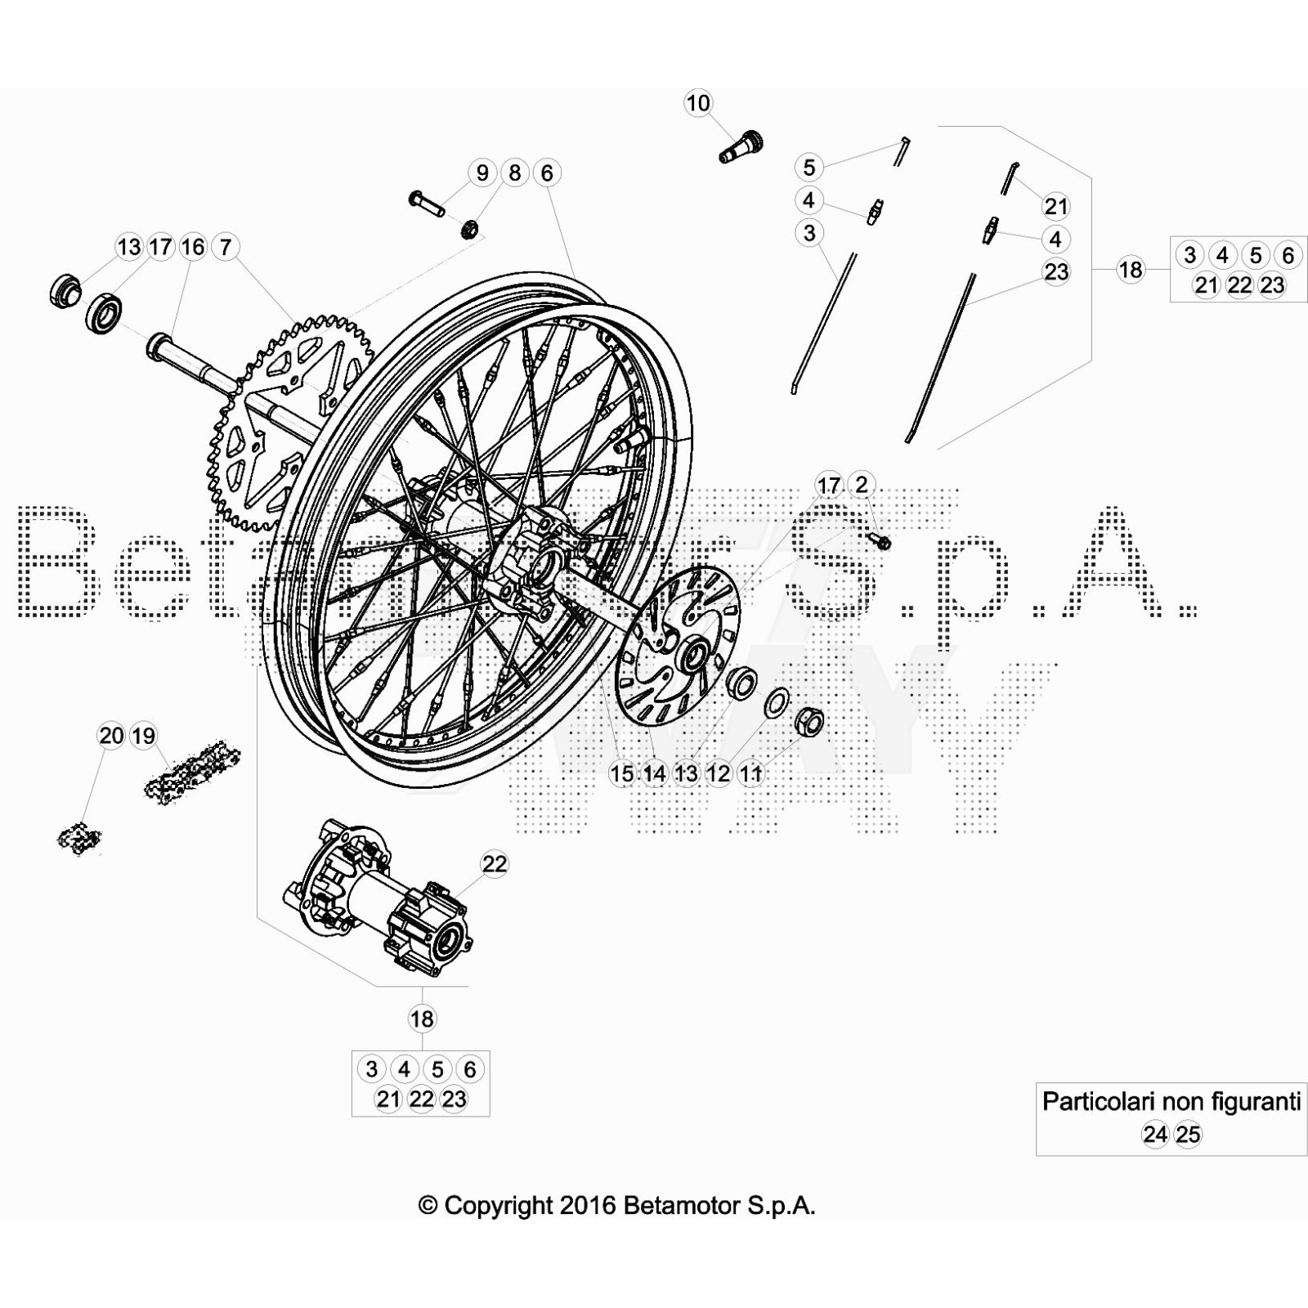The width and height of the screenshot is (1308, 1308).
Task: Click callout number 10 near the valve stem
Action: tap(698, 103)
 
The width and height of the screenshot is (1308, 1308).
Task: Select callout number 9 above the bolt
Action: tap(482, 172)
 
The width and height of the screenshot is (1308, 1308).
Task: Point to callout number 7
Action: tap(226, 246)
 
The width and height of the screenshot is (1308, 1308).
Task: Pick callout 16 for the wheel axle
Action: tap(193, 246)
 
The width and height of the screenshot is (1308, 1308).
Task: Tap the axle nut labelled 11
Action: tap(809, 720)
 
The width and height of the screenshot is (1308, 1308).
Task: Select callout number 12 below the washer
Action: tap(719, 773)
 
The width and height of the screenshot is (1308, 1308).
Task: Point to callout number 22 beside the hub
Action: tap(495, 863)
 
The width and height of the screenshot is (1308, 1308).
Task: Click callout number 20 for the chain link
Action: tap(111, 736)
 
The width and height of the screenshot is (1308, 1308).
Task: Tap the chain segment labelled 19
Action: tap(193, 768)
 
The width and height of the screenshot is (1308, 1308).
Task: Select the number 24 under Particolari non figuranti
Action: tap(1155, 1135)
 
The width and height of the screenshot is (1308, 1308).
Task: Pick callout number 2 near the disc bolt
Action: tap(861, 485)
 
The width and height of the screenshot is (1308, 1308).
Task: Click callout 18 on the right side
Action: tap(1131, 269)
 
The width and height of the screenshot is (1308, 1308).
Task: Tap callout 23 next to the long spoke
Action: tap(1056, 271)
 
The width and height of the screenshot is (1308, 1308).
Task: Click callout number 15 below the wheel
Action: tap(621, 773)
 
